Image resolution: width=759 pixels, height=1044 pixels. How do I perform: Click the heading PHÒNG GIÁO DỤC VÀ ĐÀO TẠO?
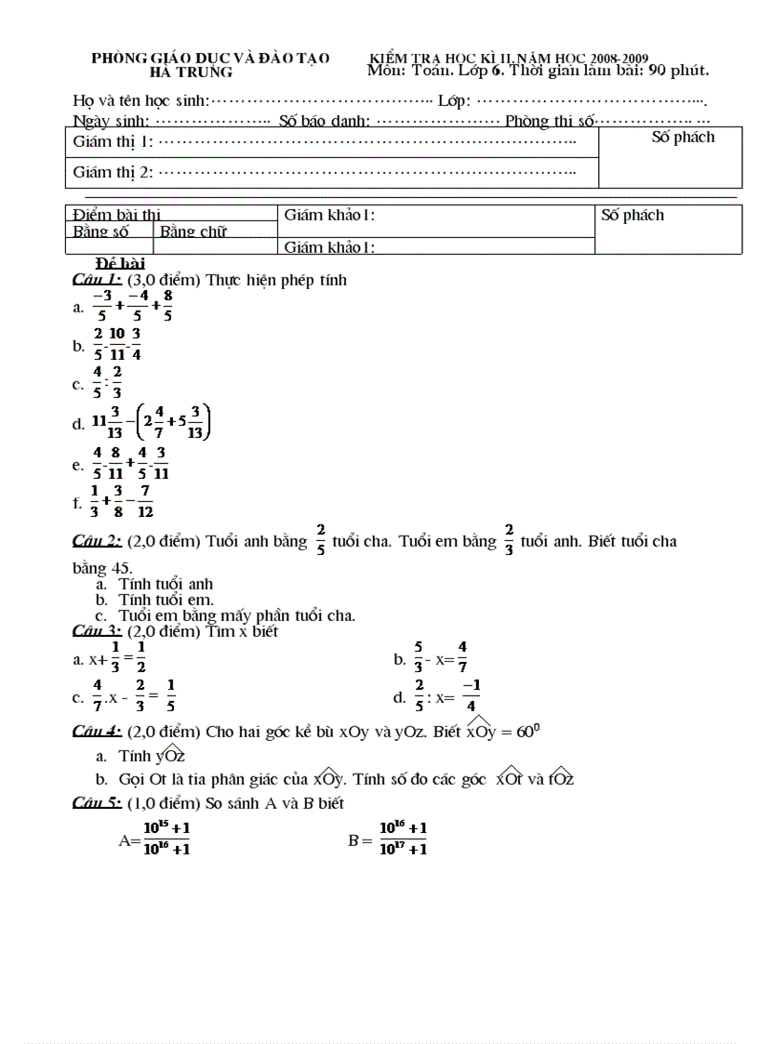(210, 58)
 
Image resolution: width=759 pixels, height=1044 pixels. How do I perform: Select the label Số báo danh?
(325, 121)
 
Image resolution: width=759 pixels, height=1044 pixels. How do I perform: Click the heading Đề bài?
(121, 264)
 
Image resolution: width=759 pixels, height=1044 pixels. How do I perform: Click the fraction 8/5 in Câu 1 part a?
(167, 305)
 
